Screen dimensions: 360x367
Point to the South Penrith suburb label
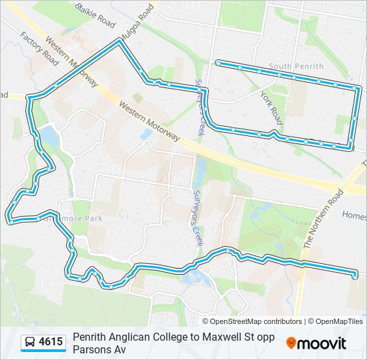click(x=296, y=67)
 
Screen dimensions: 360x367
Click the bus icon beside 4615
click(x=31, y=343)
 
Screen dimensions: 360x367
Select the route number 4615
click(x=51, y=343)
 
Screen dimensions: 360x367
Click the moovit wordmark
click(x=322, y=343)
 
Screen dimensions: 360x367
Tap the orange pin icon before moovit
click(x=291, y=343)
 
